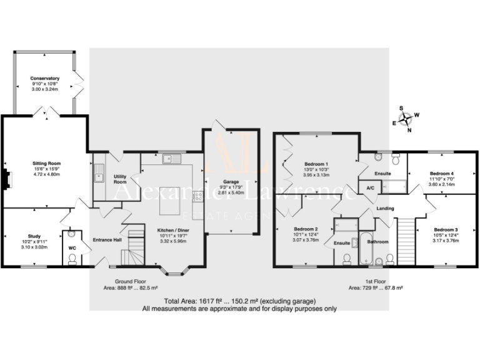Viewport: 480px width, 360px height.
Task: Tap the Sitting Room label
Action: click(46, 164)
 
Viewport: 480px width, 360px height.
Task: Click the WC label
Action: click(72, 247)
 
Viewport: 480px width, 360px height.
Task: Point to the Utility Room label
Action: click(121, 179)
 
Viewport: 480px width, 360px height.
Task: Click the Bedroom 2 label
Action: click(307, 229)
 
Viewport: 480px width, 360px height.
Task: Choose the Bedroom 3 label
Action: click(446, 229)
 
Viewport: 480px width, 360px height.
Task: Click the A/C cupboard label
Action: click(370, 187)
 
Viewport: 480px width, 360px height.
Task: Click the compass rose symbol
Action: click(407, 117)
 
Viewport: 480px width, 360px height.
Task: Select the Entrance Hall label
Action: click(107, 239)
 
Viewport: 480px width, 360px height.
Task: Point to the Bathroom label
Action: click(377, 241)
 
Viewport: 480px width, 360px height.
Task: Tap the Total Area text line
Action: click(239, 301)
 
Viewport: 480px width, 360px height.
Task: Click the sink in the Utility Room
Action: click(98, 172)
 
